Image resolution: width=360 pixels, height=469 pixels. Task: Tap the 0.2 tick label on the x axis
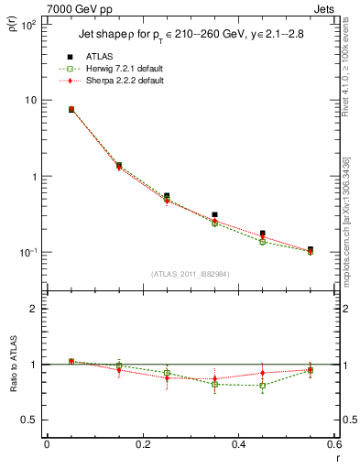click(x=142, y=446)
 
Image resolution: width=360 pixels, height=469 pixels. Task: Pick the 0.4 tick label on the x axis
click(x=238, y=446)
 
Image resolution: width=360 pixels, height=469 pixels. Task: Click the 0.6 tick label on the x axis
click(x=333, y=446)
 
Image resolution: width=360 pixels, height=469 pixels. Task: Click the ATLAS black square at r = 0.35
click(x=214, y=214)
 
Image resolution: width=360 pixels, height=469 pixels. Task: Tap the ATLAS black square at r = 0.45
click(x=262, y=234)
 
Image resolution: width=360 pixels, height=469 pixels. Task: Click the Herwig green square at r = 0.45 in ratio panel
click(x=262, y=386)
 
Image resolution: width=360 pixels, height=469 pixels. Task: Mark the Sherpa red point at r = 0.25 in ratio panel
click(x=167, y=377)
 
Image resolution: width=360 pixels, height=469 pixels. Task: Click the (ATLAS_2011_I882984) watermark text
click(x=191, y=274)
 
